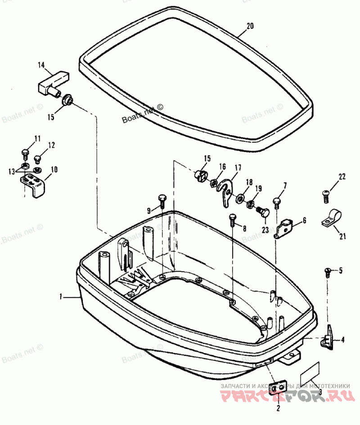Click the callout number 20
coord(250,26)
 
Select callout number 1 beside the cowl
coord(61,297)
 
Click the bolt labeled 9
coord(162,201)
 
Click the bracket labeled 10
coord(35,183)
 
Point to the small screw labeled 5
coord(328,271)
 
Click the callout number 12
coord(52,145)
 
